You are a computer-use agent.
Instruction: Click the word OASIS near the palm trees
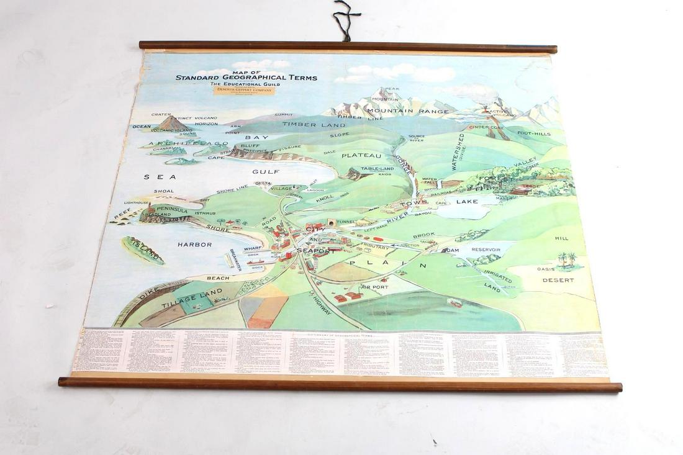[x=545, y=269]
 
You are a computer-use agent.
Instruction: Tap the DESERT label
[x=558, y=281]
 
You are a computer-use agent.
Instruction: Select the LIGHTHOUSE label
[x=136, y=203]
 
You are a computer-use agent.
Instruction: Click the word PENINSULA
[x=171, y=210]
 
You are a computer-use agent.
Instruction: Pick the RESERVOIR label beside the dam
[x=486, y=250]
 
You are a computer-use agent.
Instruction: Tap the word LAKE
[x=467, y=202]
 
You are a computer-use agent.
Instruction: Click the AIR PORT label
[x=374, y=287]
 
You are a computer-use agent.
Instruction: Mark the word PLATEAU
[x=361, y=156]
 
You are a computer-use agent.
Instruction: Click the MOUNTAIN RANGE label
[x=407, y=112]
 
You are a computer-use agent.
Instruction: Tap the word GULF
[x=266, y=172]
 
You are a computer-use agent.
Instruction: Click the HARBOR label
[x=194, y=245]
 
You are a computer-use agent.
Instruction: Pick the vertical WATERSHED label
[x=461, y=151]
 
